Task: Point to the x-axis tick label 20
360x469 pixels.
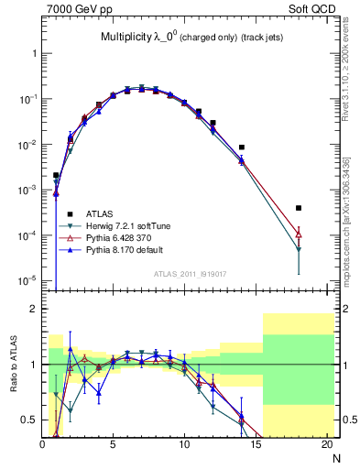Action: (326, 443)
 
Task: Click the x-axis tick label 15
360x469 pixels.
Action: (256, 443)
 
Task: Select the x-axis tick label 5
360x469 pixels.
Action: (114, 443)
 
